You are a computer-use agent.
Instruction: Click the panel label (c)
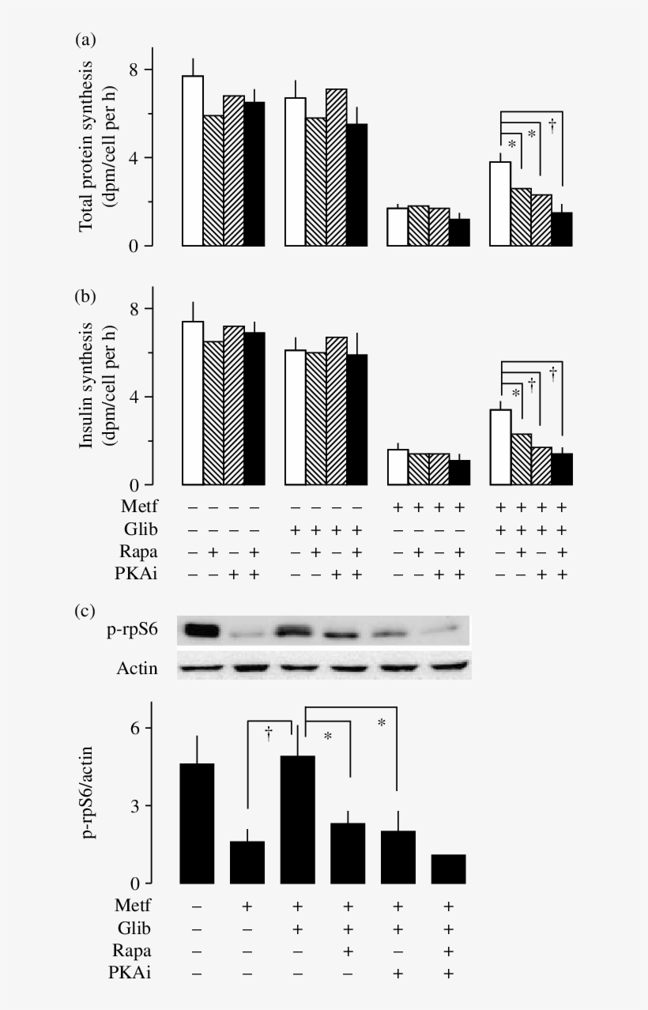point(85,611)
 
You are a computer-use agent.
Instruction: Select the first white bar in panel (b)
point(193,403)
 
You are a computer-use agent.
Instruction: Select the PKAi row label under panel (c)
point(127,974)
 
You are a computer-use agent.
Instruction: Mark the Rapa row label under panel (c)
point(129,951)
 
